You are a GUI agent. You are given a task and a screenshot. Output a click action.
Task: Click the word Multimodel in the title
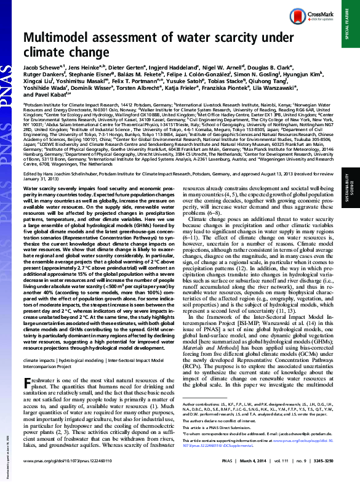65,40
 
